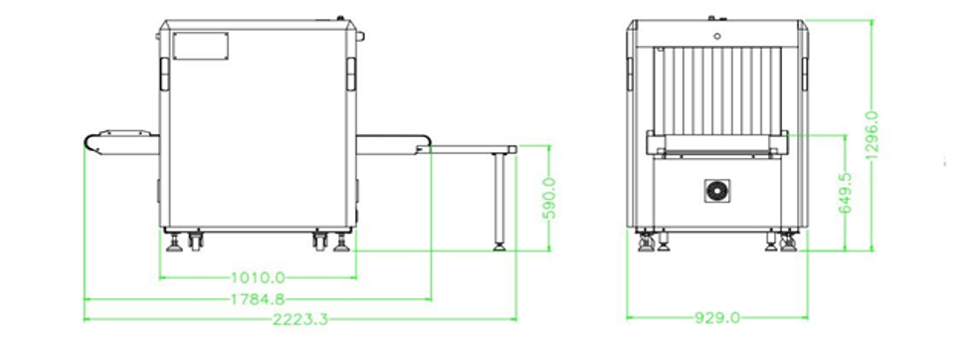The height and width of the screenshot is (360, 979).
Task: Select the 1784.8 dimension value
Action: [x=258, y=299]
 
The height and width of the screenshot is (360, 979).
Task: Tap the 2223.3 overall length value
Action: [x=300, y=319]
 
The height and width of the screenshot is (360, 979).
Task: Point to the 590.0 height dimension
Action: [x=549, y=198]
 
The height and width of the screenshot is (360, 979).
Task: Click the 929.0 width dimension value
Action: [x=717, y=318]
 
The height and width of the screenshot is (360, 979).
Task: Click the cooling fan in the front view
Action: [x=717, y=190]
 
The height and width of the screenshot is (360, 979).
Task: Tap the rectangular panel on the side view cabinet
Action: [x=200, y=46]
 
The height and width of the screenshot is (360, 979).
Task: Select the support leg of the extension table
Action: [x=499, y=198]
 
